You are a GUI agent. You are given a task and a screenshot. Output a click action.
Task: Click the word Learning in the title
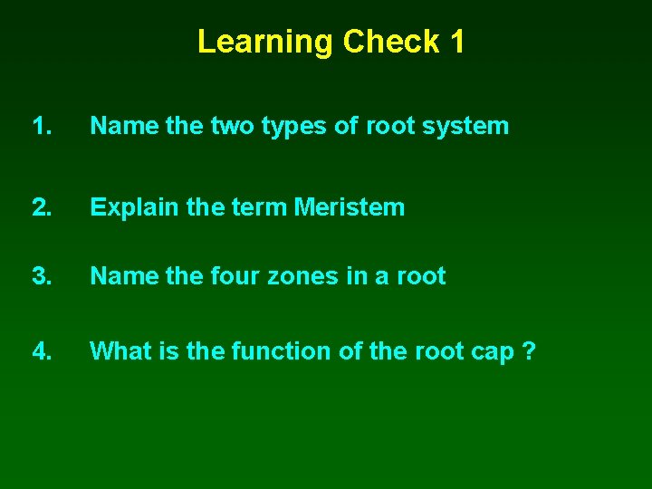(266, 42)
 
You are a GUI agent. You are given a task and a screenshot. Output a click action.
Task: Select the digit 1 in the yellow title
(455, 42)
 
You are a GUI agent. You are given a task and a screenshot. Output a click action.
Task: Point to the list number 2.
(42, 207)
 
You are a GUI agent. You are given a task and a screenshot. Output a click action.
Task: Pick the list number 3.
(42, 276)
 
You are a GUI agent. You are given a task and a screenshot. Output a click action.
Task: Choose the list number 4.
(42, 350)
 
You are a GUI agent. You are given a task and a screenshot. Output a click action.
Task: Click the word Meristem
(350, 207)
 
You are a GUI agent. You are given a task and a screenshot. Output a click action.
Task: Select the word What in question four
(121, 350)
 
